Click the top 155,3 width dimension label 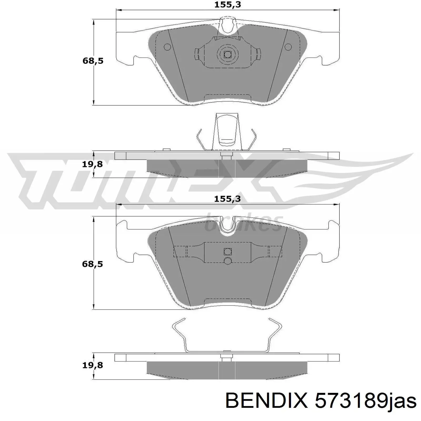point(228,5)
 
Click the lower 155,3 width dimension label point(228,199)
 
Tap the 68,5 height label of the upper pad point(93,61)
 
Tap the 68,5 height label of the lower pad point(92,264)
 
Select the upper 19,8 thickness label point(92,164)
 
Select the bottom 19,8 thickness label point(92,365)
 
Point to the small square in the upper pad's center point(227,54)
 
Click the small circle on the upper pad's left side point(167,47)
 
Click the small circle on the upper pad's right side point(288,47)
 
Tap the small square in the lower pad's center point(228,251)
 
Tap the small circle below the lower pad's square point(228,261)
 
